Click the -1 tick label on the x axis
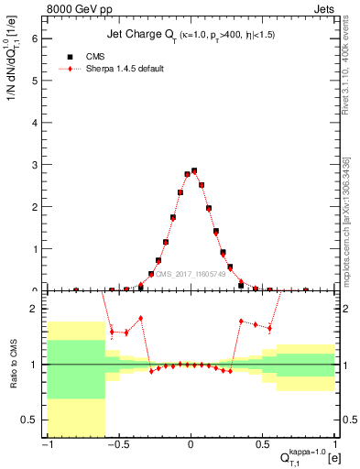coord(46,445)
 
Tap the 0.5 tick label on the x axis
coord(264,445)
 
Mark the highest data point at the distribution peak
coord(194,170)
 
